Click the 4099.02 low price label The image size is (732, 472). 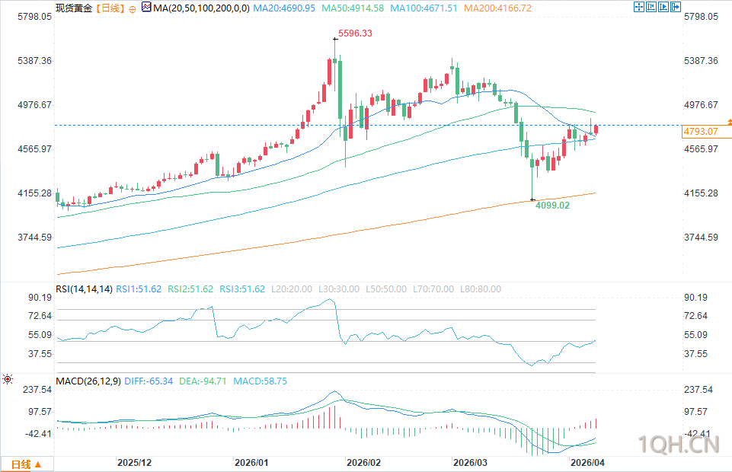552,205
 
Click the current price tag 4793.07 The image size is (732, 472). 702,132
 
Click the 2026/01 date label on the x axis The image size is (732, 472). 251,462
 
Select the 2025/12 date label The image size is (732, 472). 135,462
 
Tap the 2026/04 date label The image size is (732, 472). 587,462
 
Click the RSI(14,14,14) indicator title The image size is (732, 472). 84,289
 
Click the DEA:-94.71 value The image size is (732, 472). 204,381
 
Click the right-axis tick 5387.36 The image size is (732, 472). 702,60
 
